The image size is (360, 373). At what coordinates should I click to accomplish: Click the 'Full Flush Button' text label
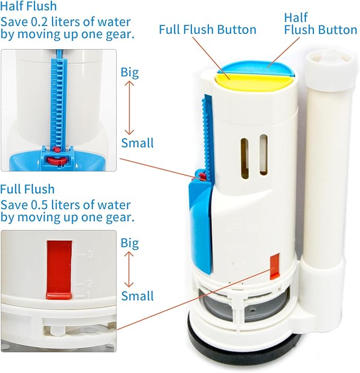click(x=208, y=29)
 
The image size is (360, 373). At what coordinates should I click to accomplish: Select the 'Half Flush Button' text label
click(x=320, y=24)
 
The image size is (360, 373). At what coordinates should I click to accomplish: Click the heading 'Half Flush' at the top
click(x=28, y=7)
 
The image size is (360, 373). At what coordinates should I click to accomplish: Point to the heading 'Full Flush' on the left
click(x=27, y=189)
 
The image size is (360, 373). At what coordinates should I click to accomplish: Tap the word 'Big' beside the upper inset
click(x=129, y=72)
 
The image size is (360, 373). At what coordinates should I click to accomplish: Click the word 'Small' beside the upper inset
click(x=137, y=143)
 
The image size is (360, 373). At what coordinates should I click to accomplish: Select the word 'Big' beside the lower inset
click(x=129, y=243)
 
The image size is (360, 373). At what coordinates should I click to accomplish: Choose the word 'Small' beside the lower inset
click(x=137, y=296)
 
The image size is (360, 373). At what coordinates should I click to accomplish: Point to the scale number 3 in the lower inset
click(x=91, y=255)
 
